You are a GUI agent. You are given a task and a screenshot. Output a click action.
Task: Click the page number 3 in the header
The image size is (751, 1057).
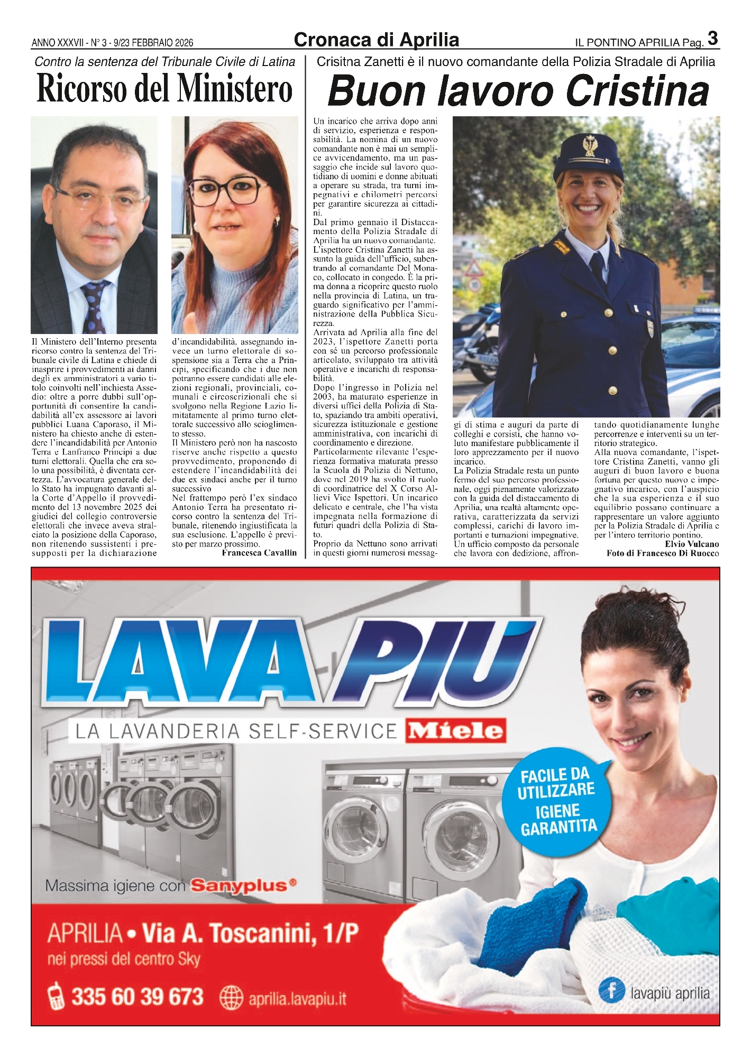[713, 39]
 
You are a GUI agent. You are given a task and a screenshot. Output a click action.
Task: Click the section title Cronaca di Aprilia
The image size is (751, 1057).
[376, 40]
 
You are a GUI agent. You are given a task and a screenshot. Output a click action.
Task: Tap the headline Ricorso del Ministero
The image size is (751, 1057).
[164, 88]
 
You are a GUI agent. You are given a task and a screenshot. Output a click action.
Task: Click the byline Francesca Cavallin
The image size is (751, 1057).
[259, 553]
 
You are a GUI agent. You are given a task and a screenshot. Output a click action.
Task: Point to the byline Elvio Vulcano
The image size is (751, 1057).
[692, 544]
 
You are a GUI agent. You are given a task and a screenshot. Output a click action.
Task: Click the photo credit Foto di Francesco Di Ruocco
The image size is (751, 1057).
[663, 553]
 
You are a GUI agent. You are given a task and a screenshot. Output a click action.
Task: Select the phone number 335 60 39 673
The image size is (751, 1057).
[138, 997]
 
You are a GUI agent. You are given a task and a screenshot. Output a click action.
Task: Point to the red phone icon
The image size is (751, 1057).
[56, 997]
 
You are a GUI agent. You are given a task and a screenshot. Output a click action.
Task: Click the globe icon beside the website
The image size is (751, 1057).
[231, 998]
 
